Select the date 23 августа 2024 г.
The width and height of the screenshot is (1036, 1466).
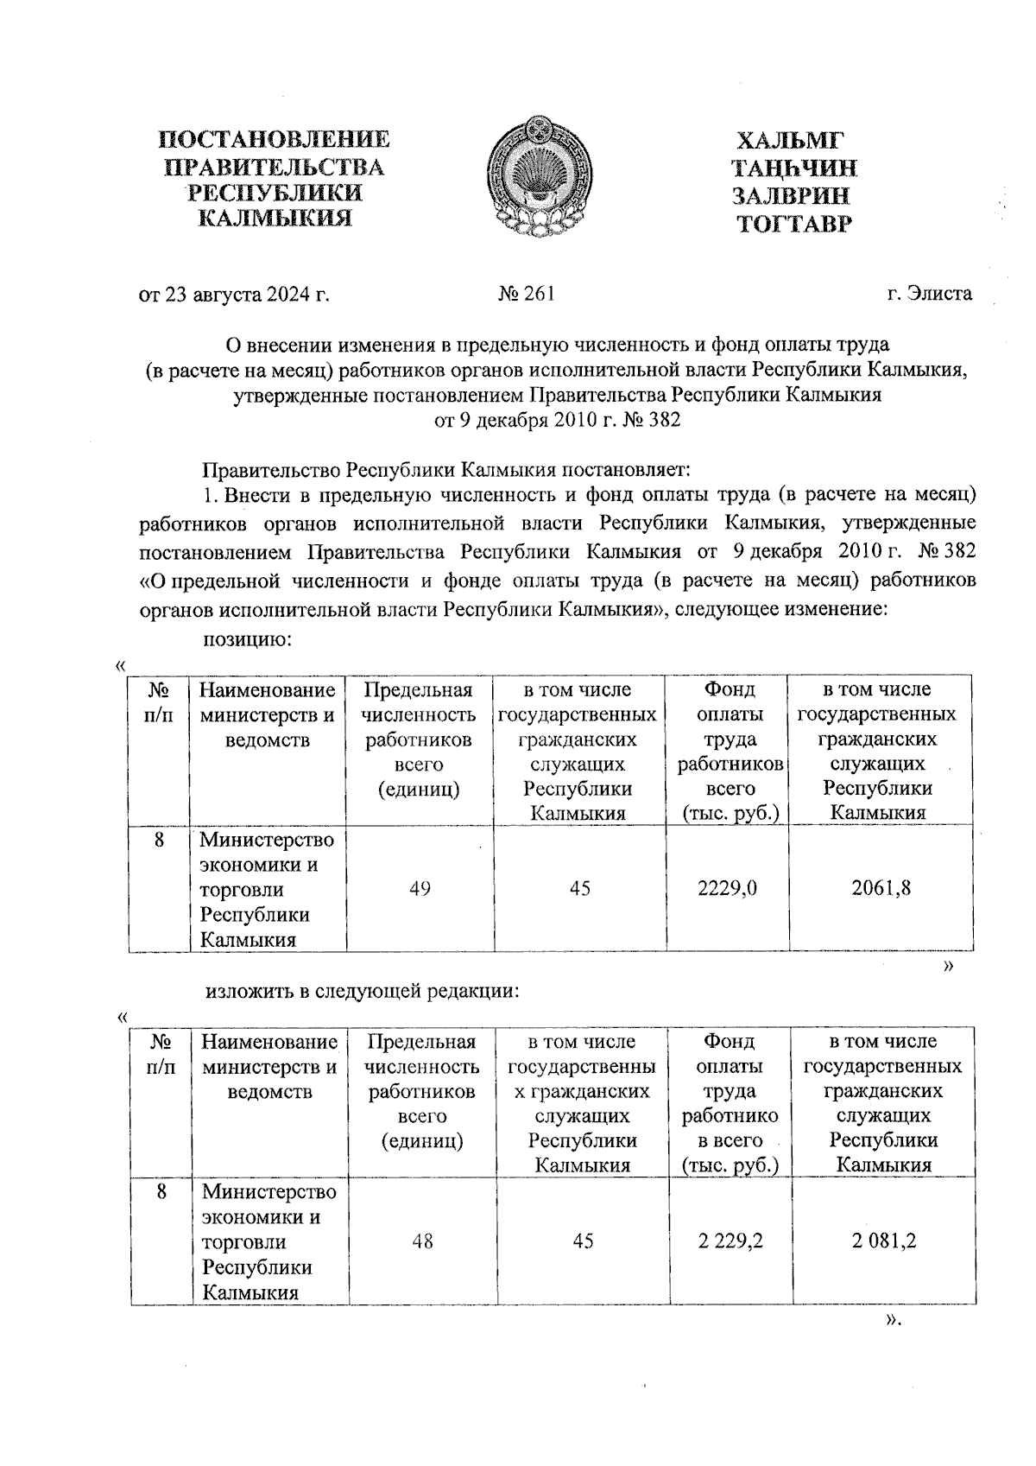click(235, 295)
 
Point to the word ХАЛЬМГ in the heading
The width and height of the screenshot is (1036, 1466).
click(791, 140)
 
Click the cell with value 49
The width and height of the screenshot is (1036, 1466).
click(420, 888)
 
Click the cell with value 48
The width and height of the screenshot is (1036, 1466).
click(422, 1241)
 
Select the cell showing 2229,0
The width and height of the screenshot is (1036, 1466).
click(727, 888)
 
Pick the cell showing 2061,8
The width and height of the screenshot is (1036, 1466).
click(880, 888)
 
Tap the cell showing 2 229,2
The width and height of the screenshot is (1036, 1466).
click(730, 1241)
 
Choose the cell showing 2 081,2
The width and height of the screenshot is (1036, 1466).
click(883, 1241)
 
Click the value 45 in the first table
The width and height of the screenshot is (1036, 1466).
click(579, 888)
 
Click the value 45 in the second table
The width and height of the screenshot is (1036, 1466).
click(583, 1241)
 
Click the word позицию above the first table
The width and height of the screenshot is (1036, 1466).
click(244, 639)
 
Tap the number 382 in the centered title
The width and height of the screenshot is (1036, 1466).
click(662, 421)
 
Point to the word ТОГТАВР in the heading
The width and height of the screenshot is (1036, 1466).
click(793, 225)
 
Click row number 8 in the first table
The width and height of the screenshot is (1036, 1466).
click(160, 839)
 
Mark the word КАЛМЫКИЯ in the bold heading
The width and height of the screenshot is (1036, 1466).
click(275, 218)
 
